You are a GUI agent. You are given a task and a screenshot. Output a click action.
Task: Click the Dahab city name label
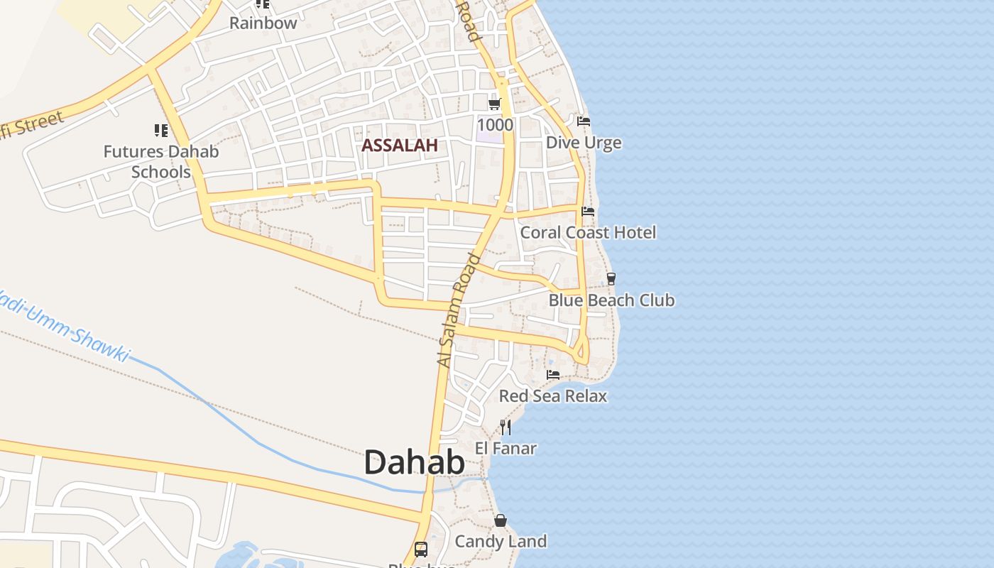[x=414, y=462]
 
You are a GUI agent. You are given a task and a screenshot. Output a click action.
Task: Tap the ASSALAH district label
[x=398, y=146]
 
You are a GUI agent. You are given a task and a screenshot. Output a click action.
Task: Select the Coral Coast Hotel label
[x=588, y=232]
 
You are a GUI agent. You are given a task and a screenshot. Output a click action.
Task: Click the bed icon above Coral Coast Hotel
[x=588, y=212]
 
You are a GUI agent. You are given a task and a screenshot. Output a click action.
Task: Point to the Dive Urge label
[x=583, y=143]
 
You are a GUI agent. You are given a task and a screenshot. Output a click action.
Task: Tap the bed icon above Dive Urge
[x=584, y=121]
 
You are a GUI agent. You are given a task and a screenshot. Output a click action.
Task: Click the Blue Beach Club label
[x=611, y=300]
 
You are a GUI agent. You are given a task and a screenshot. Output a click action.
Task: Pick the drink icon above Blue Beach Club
[x=611, y=278]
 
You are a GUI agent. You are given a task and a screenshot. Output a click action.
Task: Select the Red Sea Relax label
[x=553, y=395]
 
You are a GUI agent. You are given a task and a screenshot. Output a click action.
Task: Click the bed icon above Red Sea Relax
[x=553, y=375]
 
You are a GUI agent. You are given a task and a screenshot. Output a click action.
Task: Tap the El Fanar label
[x=506, y=448]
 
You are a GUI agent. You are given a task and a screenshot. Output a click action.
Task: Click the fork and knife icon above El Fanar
[x=506, y=427]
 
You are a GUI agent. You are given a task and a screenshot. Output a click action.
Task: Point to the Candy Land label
[x=501, y=541]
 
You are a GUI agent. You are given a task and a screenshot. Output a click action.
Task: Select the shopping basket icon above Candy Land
[x=501, y=521]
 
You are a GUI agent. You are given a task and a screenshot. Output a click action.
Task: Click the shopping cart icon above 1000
[x=495, y=104]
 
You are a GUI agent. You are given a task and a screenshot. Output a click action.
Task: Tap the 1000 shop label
[x=495, y=125]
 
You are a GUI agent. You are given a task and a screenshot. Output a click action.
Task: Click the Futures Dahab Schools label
[x=161, y=161]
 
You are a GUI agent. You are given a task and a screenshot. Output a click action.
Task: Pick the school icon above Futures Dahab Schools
[x=161, y=131]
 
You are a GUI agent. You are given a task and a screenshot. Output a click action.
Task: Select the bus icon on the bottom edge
[x=421, y=549]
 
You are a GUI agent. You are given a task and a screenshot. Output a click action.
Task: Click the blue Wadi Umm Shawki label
[x=64, y=324]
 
